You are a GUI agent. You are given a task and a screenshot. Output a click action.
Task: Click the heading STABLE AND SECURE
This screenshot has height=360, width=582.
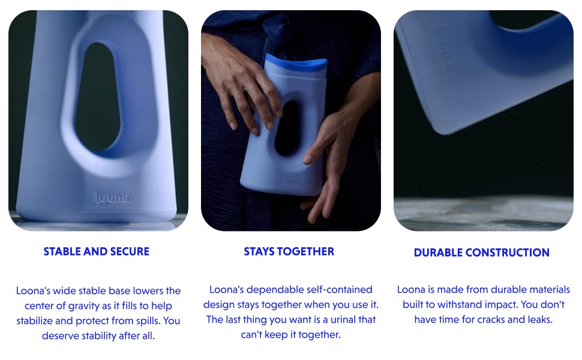coord(97,251)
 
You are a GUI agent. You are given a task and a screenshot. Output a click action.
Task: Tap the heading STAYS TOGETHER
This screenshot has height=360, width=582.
coord(289,251)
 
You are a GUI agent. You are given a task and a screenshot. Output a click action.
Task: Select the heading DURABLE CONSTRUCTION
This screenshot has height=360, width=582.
coord(482,253)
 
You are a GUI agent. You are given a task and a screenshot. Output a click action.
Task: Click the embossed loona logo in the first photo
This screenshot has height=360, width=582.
coord(112,197)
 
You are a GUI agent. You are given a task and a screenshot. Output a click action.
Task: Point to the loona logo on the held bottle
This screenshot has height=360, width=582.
coord(289,182)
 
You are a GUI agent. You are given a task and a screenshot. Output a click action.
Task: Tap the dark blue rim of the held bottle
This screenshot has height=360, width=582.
coord(296,62)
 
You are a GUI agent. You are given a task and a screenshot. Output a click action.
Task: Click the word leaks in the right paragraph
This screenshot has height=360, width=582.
coord(539,320)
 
